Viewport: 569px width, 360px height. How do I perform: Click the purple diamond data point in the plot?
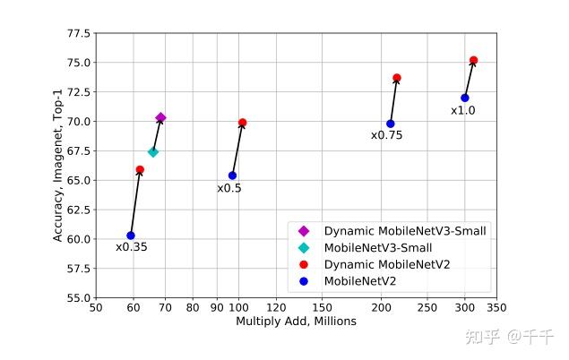pos(160,117)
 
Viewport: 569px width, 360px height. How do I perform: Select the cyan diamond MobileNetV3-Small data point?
pos(153,152)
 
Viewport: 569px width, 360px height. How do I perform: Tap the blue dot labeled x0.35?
pos(131,236)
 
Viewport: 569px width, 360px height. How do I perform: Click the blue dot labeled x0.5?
pos(232,176)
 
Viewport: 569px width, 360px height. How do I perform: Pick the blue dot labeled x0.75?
pos(391,124)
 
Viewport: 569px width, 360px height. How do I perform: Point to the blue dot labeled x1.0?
pos(465,98)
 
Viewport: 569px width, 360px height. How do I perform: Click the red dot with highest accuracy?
pos(474,60)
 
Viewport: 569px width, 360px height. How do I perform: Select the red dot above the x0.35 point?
pos(140,169)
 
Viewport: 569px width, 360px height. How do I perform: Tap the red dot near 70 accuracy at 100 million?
pos(243,123)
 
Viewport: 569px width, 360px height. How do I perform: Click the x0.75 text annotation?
pos(386,136)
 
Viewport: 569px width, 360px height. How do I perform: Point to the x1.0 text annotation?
pos(462,111)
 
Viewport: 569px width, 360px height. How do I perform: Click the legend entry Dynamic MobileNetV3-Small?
pos(400,231)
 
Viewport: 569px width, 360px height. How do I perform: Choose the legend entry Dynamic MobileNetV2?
pos(387,264)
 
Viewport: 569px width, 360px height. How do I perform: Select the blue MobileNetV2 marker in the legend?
pos(304,281)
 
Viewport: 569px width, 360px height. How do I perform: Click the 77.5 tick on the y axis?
pos(79,34)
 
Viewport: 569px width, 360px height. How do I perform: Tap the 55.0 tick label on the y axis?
pos(79,297)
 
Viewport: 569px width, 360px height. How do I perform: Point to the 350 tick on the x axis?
pos(496,308)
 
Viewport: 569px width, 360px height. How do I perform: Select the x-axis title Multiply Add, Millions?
pos(296,321)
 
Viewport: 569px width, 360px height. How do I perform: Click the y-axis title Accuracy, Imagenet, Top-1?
pos(58,166)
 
